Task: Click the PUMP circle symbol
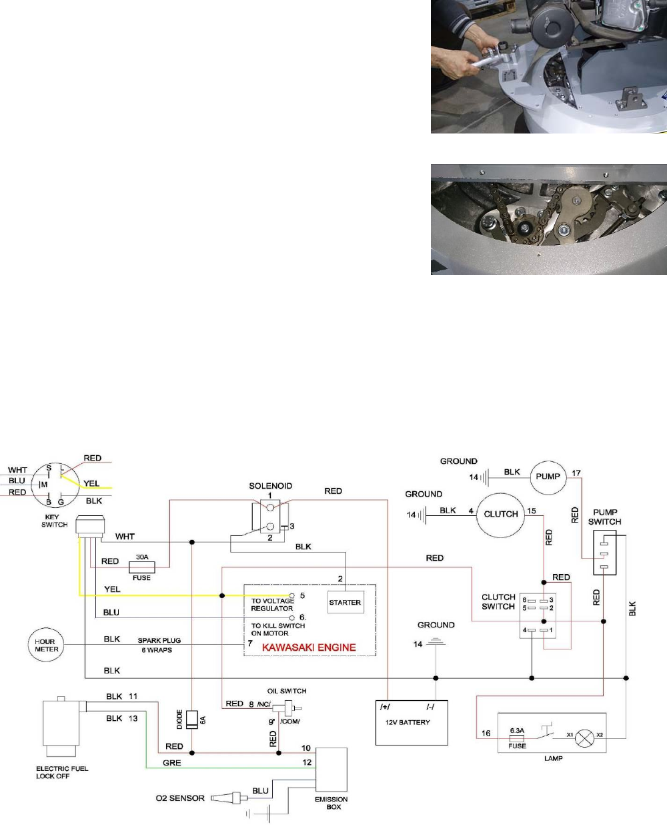[548, 477]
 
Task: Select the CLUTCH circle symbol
[501, 514]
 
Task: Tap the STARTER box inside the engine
[345, 602]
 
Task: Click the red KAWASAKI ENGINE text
[309, 647]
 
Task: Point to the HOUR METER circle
[46, 645]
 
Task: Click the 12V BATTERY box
[412, 722]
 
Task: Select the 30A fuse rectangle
[141, 567]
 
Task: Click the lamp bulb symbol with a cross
[585, 738]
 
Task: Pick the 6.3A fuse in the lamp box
[517, 738]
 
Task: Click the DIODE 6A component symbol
[192, 720]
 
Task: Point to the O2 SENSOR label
[180, 798]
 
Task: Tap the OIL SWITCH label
[287, 691]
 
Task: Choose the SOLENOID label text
[270, 486]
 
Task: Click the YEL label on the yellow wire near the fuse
[112, 589]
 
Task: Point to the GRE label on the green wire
[171, 762]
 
